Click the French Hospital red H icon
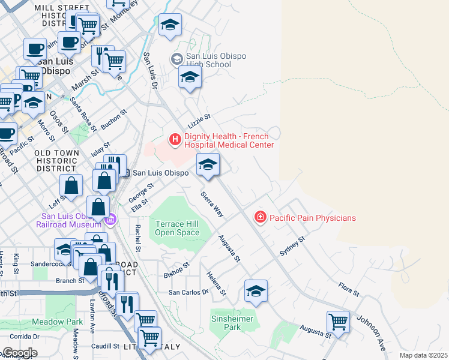point(175,140)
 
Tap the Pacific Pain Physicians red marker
point(260,217)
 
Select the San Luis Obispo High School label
point(208,60)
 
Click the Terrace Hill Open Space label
point(177,228)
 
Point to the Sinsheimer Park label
point(234,323)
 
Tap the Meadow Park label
point(57,322)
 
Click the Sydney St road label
point(292,247)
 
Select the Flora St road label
point(348,289)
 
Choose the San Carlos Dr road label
point(188,292)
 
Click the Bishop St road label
point(176,269)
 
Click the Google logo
point(19,353)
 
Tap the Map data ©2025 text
point(423,355)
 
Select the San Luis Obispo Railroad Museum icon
point(110,220)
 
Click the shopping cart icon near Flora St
point(339,322)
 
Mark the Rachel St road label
point(138,238)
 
